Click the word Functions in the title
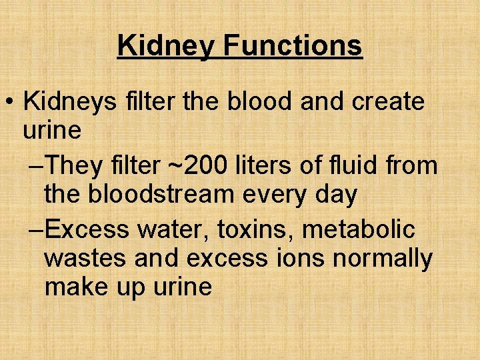pos(293,45)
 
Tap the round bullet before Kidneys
pos(9,103)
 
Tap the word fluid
pos(351,165)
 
